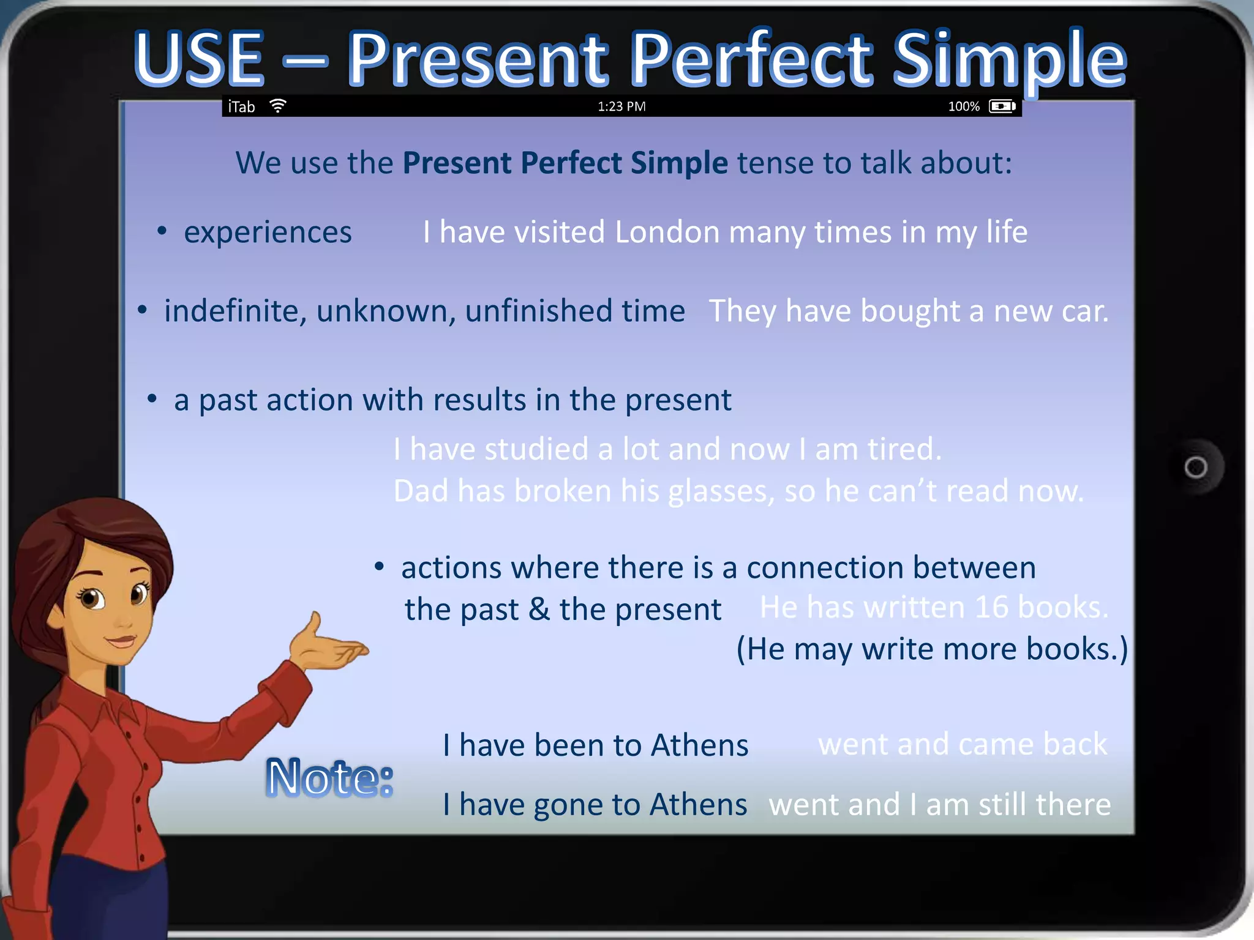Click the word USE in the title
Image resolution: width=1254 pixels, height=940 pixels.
pos(199,59)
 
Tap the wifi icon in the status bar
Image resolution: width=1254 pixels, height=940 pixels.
pos(278,106)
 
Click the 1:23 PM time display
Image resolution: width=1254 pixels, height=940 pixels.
pos(621,106)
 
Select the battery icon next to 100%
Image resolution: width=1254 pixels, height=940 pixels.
pos(1002,106)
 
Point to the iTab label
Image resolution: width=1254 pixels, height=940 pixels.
pos(241,107)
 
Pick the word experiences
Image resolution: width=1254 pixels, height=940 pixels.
pos(268,233)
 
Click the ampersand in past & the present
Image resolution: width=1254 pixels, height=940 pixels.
pos(539,610)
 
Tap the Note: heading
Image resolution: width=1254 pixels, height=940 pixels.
pos(329,778)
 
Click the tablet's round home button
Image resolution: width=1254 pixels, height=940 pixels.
pos(1195,468)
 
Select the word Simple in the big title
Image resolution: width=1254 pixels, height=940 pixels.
pos(1009,59)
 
